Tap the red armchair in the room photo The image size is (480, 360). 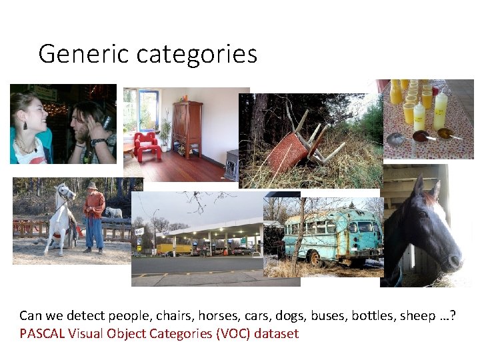[x=147, y=146]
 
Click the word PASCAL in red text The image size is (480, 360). [x=42, y=333]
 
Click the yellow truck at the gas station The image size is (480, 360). [x=175, y=249]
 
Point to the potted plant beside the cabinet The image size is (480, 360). [x=164, y=134]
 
